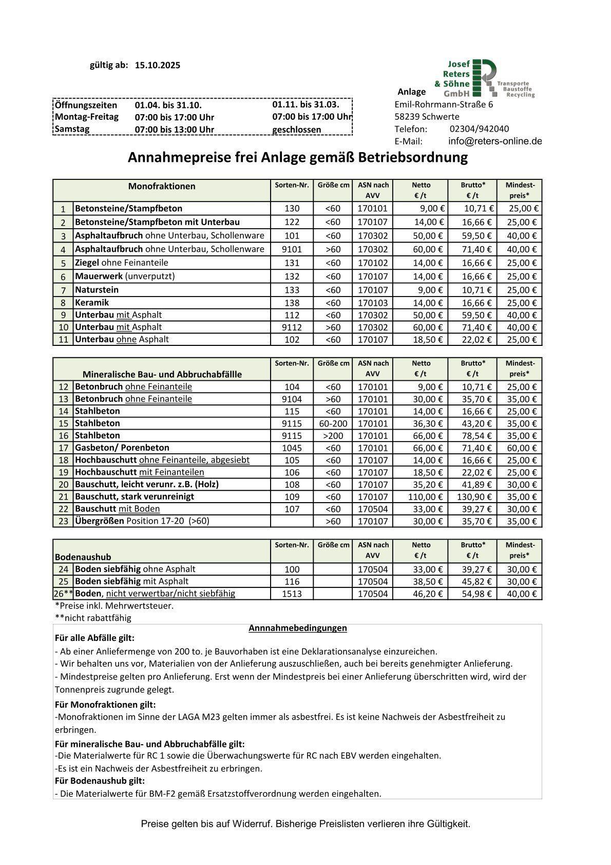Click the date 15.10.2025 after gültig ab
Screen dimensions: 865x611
click(158, 65)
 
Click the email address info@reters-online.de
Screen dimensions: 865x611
click(494, 141)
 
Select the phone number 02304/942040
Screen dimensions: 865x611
click(479, 129)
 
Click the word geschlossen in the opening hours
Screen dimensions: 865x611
click(296, 130)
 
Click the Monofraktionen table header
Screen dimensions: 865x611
click(162, 186)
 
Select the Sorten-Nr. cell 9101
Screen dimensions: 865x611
click(292, 249)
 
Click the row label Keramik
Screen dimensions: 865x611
click(92, 303)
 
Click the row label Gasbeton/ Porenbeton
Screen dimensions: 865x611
click(122, 448)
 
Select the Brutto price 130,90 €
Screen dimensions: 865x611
click(474, 497)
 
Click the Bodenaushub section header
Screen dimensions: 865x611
click(83, 557)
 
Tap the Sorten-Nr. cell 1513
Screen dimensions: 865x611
click(292, 594)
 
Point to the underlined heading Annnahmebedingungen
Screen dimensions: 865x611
click(297, 628)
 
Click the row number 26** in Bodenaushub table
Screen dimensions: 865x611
click(63, 594)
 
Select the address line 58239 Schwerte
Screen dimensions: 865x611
click(427, 117)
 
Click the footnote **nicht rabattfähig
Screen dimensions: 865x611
click(93, 618)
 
